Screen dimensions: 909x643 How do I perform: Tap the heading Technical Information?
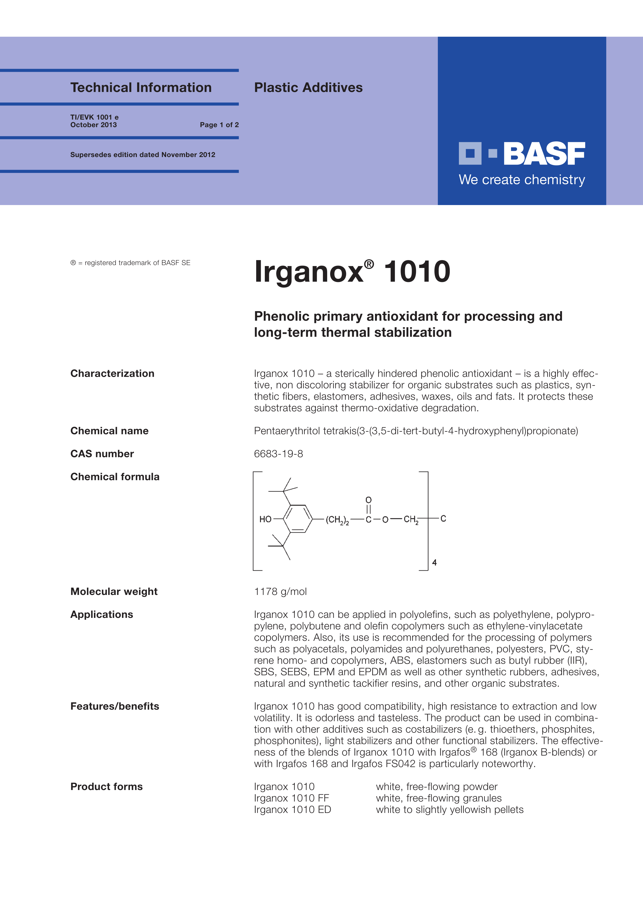[x=141, y=87]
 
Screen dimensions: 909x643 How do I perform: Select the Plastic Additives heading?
[x=308, y=87]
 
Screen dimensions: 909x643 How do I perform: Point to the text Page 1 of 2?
[x=219, y=125]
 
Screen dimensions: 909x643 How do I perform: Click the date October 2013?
[x=93, y=125]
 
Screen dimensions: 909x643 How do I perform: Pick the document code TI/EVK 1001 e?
[x=94, y=117]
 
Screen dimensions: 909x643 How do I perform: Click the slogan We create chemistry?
[x=522, y=180]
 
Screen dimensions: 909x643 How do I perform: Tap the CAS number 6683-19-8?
[x=279, y=454]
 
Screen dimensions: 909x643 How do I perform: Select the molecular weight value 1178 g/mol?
[x=280, y=591]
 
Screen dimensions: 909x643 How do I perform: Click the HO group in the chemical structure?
[x=265, y=519]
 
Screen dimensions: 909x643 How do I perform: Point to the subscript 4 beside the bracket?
[x=434, y=562]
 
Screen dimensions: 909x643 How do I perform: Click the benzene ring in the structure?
[x=297, y=519]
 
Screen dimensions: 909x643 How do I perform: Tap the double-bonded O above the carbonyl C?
[x=368, y=500]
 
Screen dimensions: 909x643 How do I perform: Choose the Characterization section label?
[x=112, y=373]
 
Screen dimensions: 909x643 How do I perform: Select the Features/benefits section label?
[x=114, y=706]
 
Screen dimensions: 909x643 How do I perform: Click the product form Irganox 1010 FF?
[x=292, y=798]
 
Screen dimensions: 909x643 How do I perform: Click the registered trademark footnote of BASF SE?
[x=130, y=263]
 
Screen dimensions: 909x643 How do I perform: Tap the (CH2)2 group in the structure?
[x=337, y=519]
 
